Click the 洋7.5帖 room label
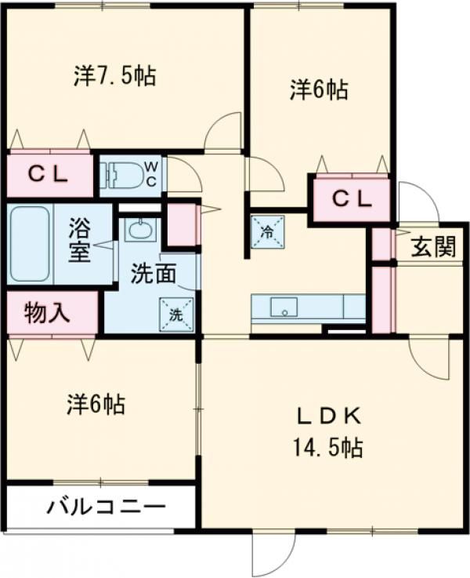click(x=115, y=76)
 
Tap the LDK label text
click(x=329, y=417)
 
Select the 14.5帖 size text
click(x=328, y=447)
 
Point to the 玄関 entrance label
click(x=433, y=246)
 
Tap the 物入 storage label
click(x=47, y=313)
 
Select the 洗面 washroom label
click(x=154, y=274)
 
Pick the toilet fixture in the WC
click(x=123, y=173)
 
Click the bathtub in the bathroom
click(x=30, y=244)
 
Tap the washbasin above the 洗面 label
click(x=140, y=230)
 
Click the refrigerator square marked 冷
click(x=268, y=231)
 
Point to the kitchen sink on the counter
click(x=284, y=307)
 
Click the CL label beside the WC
click(x=49, y=175)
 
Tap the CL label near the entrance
click(x=352, y=199)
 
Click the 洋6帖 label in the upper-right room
click(x=319, y=90)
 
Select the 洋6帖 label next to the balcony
click(x=96, y=405)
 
